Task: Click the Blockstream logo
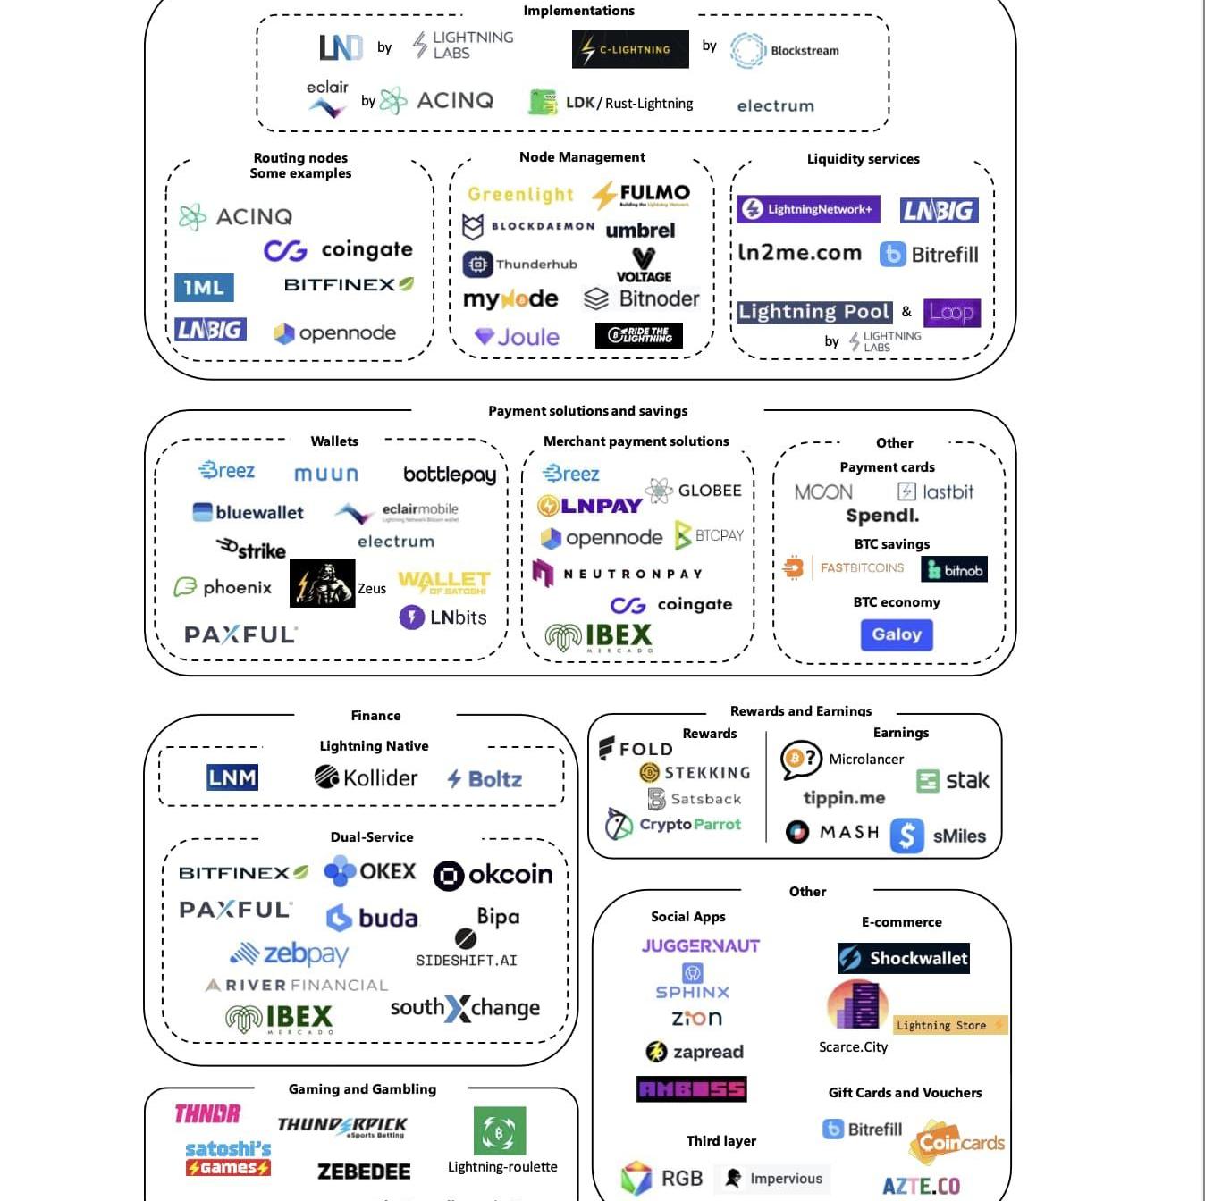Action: point(784,50)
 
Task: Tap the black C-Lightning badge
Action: point(630,50)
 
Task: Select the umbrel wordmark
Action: point(640,231)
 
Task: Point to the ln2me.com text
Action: point(799,253)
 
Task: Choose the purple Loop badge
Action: point(951,313)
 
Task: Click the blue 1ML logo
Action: point(204,288)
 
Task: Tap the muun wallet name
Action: point(326,474)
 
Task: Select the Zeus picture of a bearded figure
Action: point(322,583)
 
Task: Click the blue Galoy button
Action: point(897,634)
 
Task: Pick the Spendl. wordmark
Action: point(882,516)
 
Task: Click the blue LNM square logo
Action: point(232,777)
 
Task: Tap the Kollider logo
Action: point(366,777)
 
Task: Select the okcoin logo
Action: point(493,875)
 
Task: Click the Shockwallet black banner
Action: point(904,958)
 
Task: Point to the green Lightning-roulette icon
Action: point(500,1131)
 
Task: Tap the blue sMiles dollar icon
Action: point(906,836)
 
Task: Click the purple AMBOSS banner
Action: point(691,1088)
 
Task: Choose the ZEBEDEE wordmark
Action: point(364,1172)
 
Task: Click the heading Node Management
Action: point(582,157)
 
